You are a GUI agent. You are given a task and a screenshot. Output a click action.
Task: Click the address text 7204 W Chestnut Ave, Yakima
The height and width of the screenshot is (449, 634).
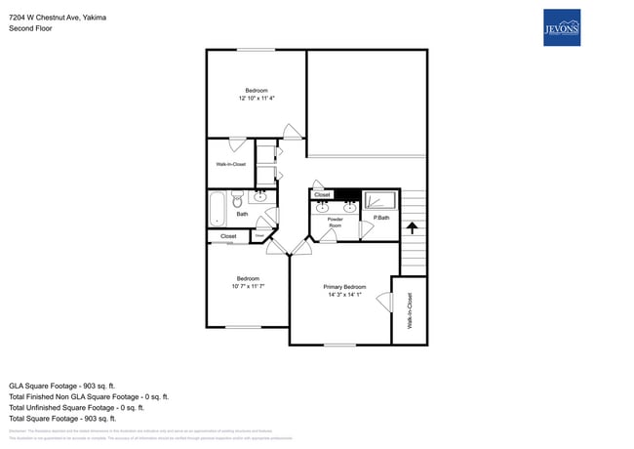click(58, 18)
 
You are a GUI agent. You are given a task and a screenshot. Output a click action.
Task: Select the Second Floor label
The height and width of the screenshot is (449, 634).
click(30, 29)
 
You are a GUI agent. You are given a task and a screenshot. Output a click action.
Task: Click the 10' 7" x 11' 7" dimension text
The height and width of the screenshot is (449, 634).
click(249, 286)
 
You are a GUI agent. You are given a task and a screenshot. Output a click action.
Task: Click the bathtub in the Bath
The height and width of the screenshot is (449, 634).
click(218, 208)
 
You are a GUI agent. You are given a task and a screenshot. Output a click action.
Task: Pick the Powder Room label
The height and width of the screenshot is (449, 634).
click(335, 223)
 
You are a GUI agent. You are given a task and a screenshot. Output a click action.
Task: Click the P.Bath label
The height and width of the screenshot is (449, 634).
click(380, 218)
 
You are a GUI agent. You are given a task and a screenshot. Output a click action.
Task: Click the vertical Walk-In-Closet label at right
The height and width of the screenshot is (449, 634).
click(410, 310)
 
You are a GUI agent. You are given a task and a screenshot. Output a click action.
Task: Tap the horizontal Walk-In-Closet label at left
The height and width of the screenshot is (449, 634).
click(230, 164)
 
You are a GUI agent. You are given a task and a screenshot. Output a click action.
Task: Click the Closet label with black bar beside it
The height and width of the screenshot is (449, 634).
click(323, 194)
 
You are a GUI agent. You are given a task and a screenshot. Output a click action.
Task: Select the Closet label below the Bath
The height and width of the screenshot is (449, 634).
click(228, 236)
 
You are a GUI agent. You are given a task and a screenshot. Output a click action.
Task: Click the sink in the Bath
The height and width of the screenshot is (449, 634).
click(260, 197)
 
